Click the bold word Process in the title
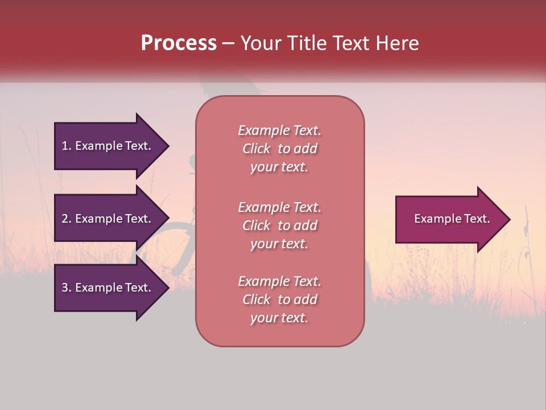click(x=179, y=43)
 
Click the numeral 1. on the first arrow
click(x=67, y=146)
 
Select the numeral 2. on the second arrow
click(x=67, y=219)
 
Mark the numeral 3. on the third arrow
click(x=67, y=288)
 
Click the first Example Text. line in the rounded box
click(x=279, y=130)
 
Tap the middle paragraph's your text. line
click(x=279, y=244)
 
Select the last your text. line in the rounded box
click(x=279, y=318)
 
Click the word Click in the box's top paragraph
click(x=257, y=149)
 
